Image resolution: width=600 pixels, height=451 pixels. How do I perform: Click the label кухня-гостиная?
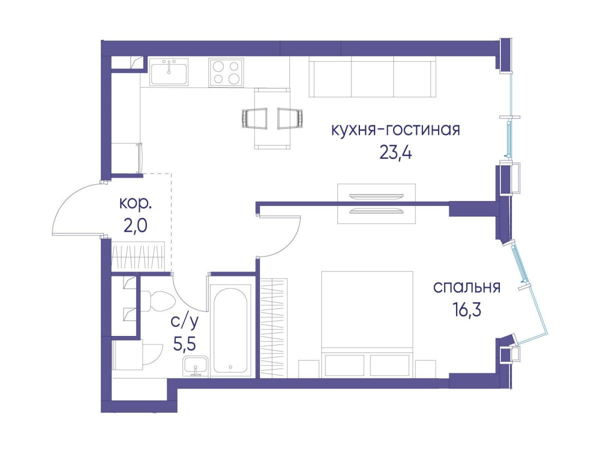coord(395,130)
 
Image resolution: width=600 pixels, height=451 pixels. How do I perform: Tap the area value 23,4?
coord(396,153)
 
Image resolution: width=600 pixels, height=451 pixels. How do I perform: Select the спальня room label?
coord(467,287)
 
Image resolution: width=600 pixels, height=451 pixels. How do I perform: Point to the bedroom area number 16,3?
coord(467,310)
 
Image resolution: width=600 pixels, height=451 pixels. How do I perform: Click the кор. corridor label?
coord(135,204)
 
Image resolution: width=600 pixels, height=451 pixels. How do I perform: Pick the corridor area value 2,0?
coord(135,226)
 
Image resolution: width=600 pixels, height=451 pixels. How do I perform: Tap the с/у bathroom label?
coord(184,321)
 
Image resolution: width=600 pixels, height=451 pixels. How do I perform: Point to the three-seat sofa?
coord(372,79)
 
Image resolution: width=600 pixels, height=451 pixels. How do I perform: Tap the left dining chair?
coord(254,118)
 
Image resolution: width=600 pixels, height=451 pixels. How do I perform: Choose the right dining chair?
coord(290,118)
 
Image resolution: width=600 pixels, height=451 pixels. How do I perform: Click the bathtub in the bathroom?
coord(230,330)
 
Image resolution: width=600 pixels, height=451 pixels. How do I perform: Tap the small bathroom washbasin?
coord(195,365)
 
